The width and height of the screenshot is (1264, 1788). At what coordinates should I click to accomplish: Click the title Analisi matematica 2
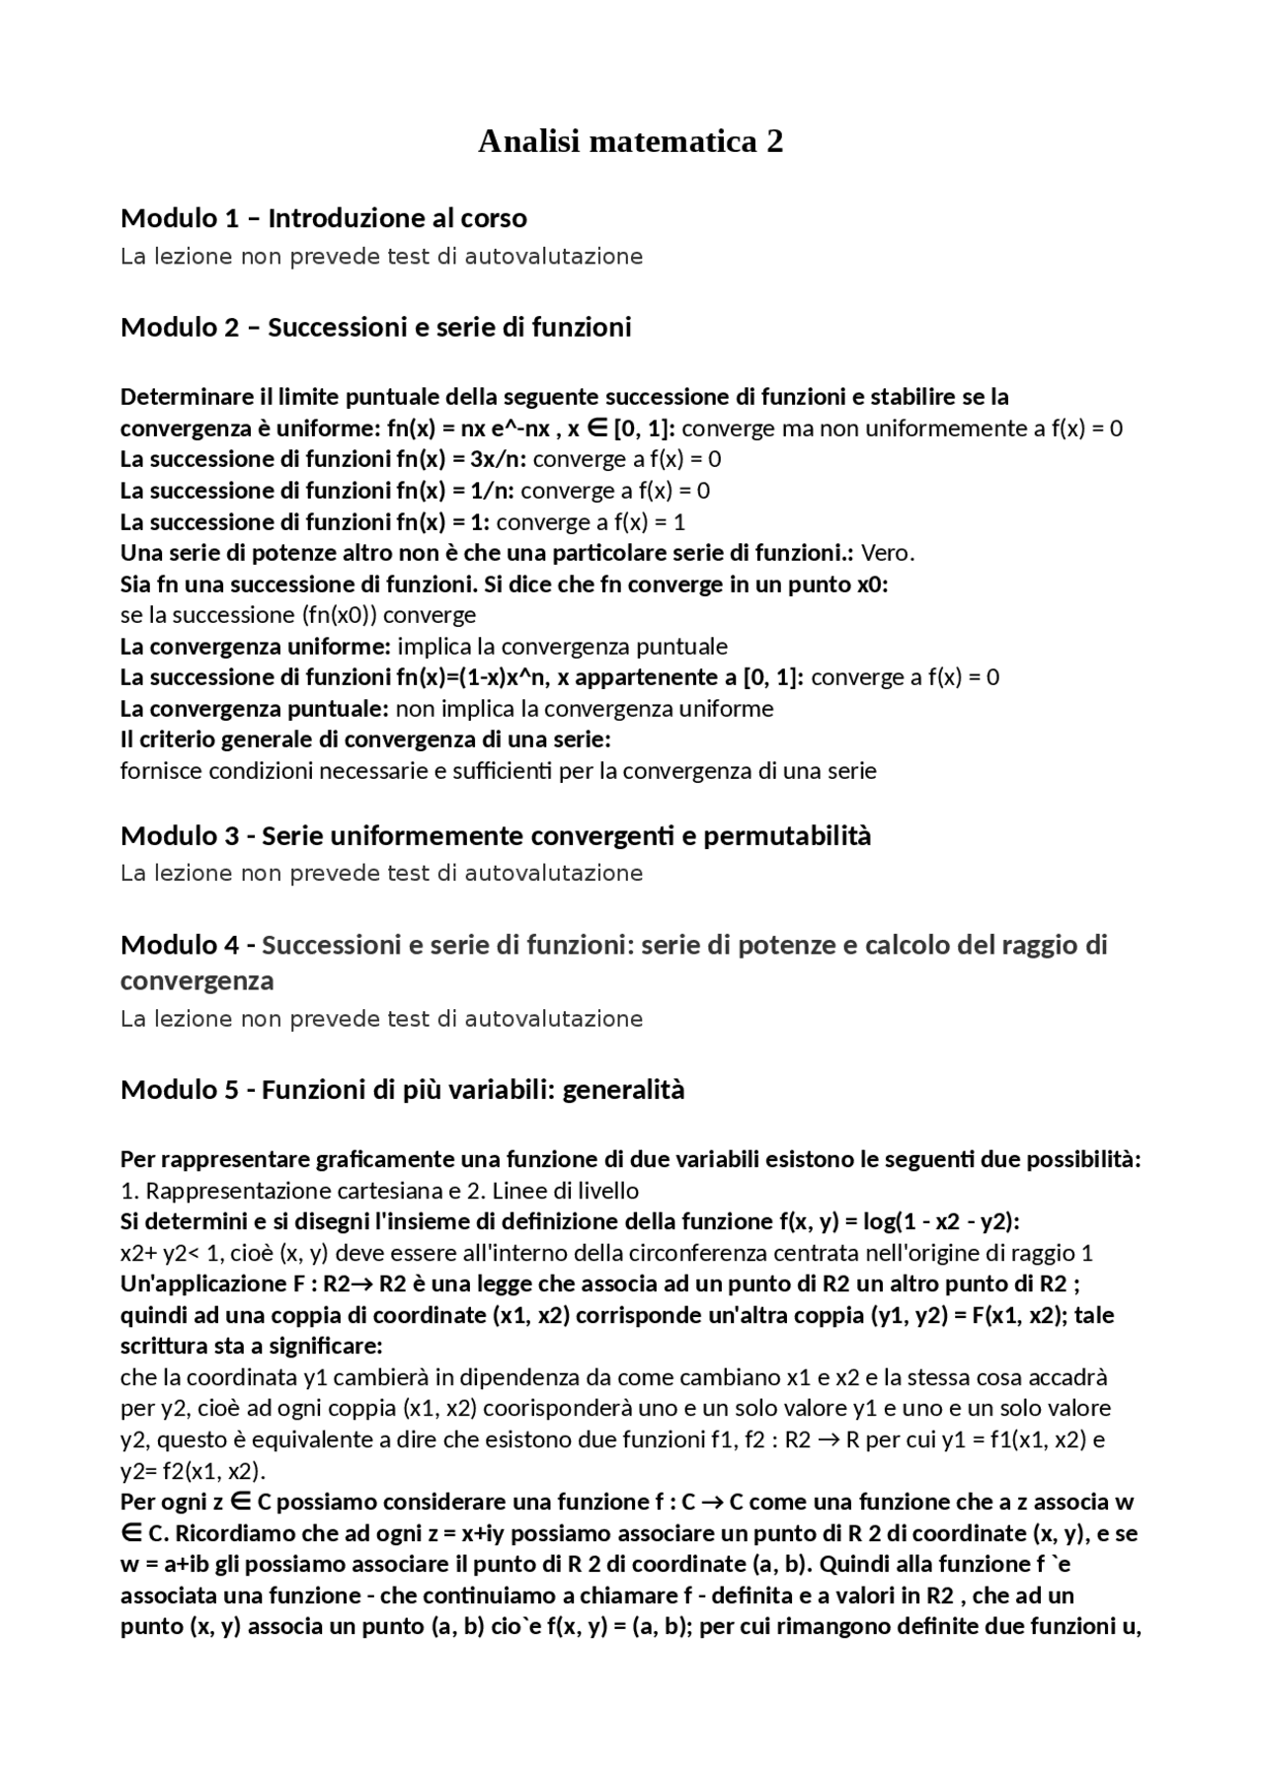point(631,142)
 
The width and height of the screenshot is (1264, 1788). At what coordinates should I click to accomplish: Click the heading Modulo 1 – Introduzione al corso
point(323,218)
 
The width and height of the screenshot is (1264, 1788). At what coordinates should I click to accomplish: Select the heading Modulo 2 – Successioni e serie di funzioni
point(375,327)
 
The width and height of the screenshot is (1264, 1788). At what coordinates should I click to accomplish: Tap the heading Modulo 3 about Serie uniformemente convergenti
point(496,836)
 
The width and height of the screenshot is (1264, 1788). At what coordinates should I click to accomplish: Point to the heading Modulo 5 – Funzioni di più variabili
point(402,1090)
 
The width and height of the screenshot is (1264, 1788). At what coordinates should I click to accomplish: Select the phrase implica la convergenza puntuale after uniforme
point(562,647)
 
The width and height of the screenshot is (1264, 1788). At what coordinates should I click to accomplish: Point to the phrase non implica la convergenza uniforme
point(584,709)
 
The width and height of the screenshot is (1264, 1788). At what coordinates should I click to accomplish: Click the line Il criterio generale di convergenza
point(365,739)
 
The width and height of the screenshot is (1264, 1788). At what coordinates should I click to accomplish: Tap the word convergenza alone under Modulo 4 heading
point(197,981)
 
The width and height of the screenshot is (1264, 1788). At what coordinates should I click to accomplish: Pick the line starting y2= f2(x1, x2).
point(193,1471)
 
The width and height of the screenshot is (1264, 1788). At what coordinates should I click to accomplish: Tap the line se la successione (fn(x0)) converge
point(297,615)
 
